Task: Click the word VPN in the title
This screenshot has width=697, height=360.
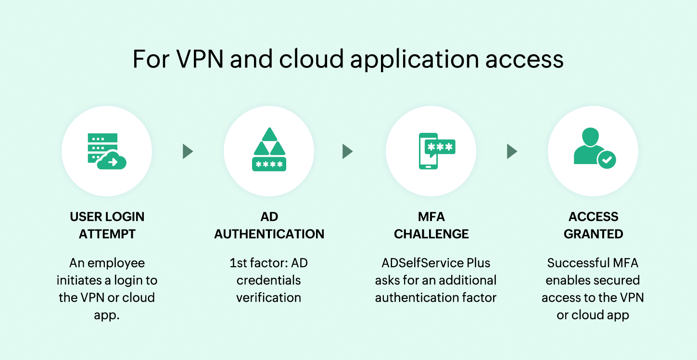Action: point(200,59)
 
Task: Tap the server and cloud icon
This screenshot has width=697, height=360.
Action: point(107,151)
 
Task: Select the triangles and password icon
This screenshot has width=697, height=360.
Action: point(269,150)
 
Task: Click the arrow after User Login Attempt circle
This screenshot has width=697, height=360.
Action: point(188,152)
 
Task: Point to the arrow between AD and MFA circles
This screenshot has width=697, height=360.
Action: point(347,152)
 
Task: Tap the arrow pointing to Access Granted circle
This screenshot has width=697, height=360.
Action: point(512,152)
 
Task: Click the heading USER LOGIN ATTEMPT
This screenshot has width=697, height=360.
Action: point(107,225)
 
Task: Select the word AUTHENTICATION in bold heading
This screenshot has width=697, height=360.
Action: point(269,234)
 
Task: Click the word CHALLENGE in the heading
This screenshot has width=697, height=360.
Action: point(431,234)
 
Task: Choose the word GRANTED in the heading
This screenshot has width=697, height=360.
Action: point(593,234)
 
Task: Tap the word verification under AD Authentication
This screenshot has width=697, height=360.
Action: point(268,298)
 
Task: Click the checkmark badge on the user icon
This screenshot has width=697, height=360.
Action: point(607,159)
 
